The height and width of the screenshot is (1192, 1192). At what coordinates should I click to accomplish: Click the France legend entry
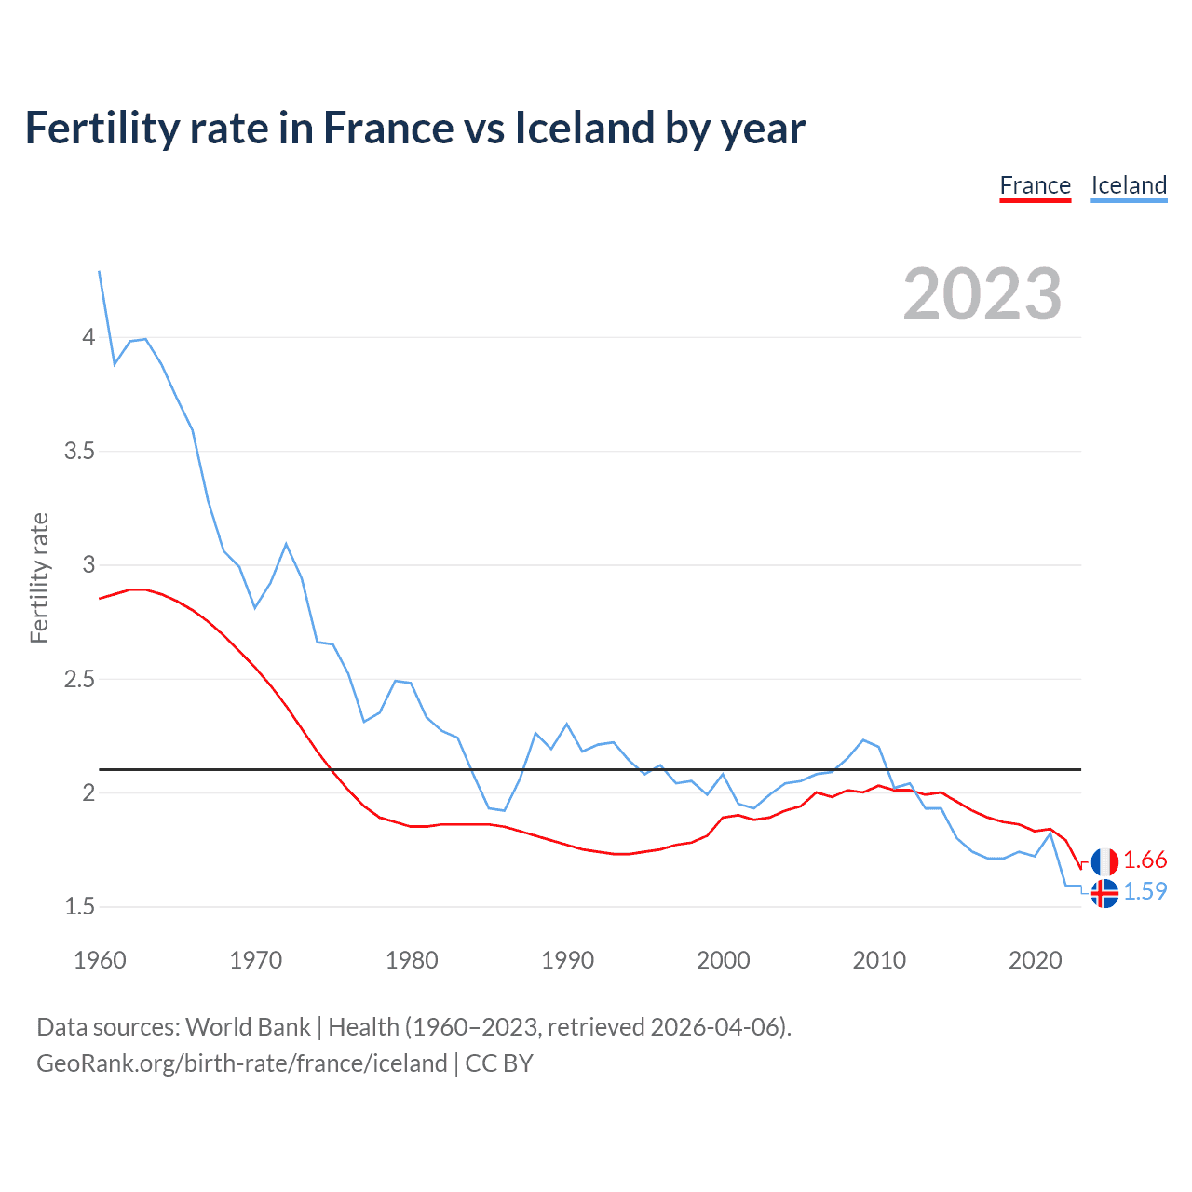coord(1035,186)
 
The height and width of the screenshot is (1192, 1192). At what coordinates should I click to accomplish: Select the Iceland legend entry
coord(1129,186)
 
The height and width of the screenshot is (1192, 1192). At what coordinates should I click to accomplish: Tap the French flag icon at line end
coord(1104,861)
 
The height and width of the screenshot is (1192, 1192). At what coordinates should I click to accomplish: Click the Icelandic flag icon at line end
coord(1104,893)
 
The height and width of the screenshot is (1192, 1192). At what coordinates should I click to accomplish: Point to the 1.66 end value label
coord(1145,860)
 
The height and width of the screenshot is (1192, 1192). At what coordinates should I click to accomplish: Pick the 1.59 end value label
coord(1145,892)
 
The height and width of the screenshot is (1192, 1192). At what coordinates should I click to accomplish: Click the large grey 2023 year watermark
coord(982,294)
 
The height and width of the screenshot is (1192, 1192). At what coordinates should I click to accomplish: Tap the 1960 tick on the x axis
coord(100,960)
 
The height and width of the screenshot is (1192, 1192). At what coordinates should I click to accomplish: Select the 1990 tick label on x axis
coord(567,960)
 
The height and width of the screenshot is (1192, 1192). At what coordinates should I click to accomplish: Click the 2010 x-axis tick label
coord(879,960)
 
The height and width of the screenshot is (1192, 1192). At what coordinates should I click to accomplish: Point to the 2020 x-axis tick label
coord(1035,960)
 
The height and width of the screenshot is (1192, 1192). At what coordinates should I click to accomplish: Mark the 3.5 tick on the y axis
coord(79,452)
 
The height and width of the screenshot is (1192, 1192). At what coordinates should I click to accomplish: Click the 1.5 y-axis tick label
coord(79,907)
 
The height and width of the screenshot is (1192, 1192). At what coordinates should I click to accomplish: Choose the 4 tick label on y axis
coord(88,337)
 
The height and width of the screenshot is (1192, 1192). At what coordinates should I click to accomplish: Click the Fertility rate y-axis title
coord(39,577)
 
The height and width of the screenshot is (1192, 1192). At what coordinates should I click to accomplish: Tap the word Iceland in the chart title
coord(583,129)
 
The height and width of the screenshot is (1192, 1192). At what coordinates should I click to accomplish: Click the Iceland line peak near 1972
coord(286,544)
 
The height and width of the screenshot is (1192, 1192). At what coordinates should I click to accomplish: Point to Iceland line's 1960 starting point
coord(100,272)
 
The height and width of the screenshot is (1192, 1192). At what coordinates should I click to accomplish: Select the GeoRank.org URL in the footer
coord(242,1063)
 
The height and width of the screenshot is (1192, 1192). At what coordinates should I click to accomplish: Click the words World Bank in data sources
coord(248,1027)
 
